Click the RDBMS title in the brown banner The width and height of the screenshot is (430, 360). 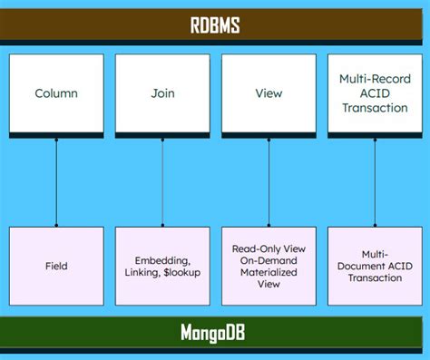[215, 24]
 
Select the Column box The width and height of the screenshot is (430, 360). [56, 94]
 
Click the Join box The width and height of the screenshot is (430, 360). [162, 94]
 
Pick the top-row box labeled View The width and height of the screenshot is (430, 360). [269, 94]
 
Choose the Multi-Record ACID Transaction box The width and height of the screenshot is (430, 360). [375, 94]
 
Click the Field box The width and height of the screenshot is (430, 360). [56, 266]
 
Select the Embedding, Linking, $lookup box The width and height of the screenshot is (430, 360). [162, 266]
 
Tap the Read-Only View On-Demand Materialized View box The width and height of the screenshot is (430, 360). [269, 266]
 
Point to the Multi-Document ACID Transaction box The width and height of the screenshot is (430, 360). [375, 266]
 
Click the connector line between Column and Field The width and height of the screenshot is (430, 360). [56, 181]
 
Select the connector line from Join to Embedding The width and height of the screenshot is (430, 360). [162, 181]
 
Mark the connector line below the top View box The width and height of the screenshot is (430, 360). [269, 181]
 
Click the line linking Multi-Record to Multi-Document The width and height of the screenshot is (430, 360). [375, 181]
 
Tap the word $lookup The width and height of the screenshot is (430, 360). [185, 273]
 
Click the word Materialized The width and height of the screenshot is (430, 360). [269, 271]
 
